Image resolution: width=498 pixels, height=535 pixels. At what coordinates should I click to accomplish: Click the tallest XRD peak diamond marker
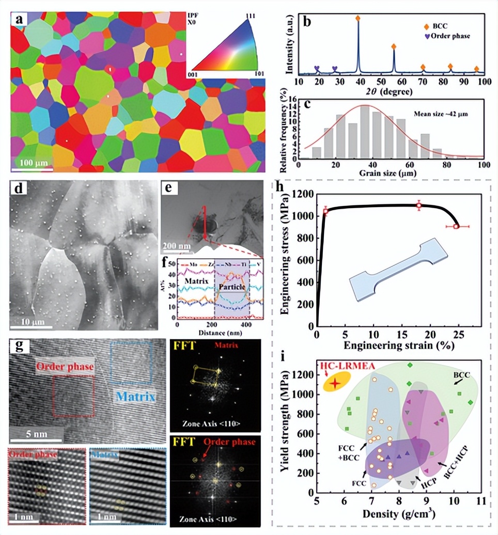(x=358, y=18)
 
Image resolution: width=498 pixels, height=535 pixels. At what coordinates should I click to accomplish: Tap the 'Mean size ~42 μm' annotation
(x=441, y=112)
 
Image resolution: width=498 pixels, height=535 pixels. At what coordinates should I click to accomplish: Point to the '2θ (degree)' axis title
(x=390, y=91)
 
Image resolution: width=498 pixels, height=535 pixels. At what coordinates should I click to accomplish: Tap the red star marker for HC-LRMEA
(x=336, y=383)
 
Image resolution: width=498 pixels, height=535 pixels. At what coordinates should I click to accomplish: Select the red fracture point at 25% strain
(x=456, y=226)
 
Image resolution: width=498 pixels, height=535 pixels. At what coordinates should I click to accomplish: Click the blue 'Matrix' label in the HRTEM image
(x=133, y=398)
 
